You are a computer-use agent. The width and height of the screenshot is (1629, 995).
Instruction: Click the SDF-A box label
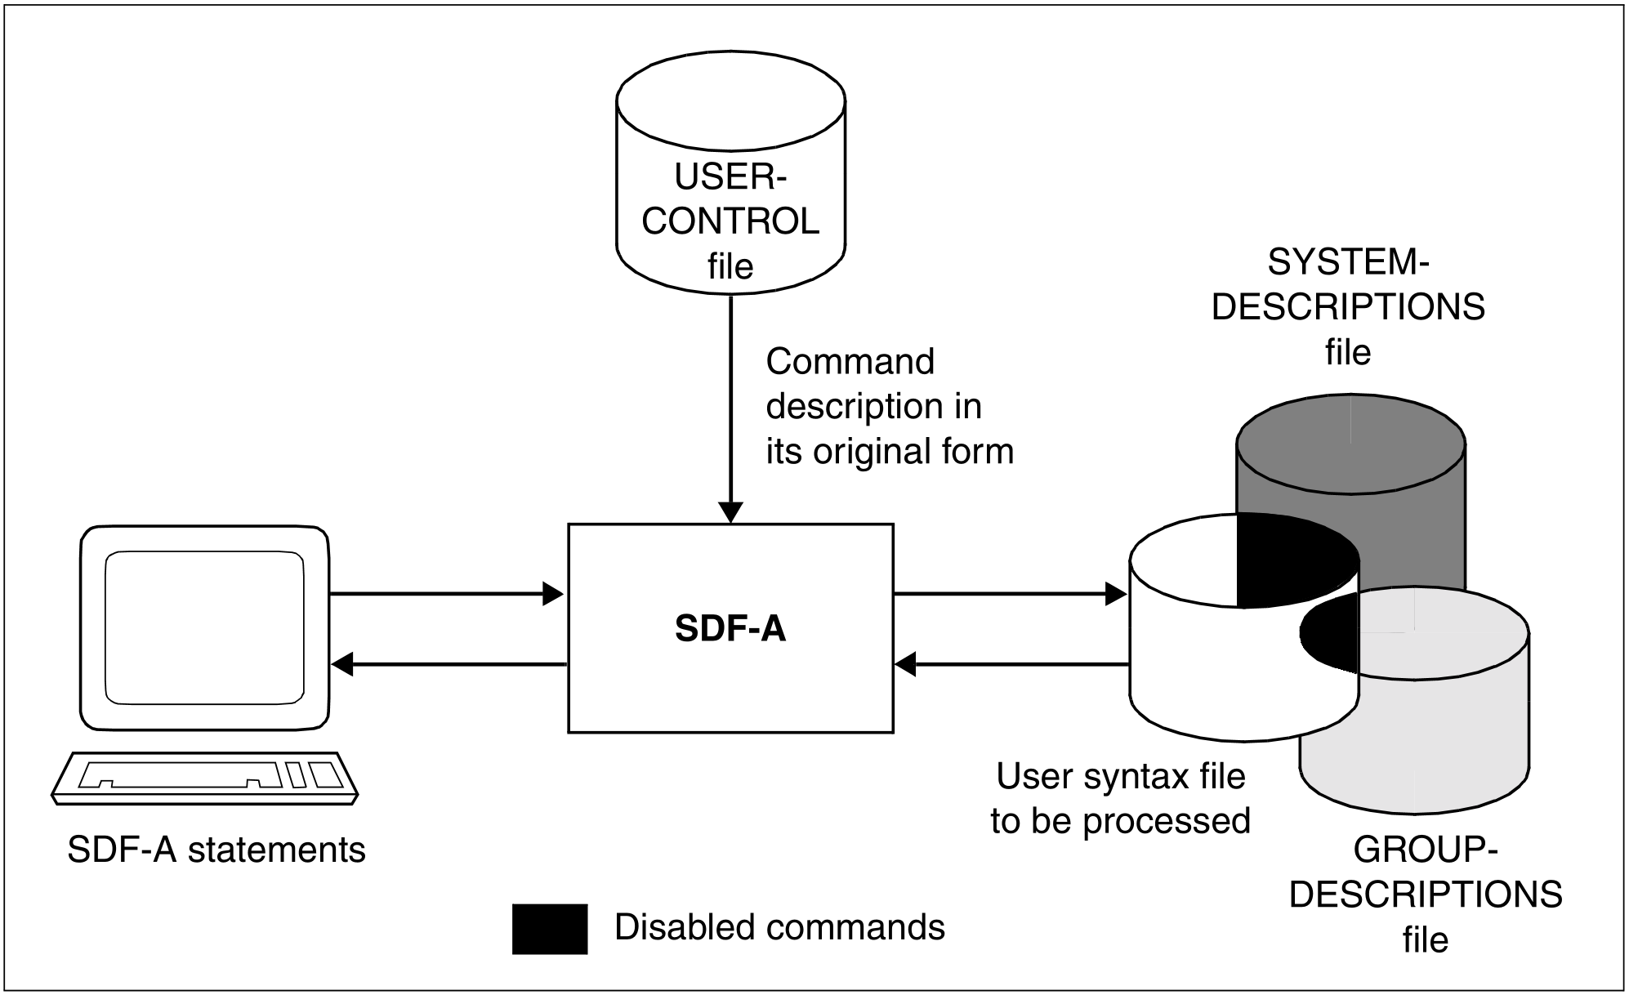click(730, 629)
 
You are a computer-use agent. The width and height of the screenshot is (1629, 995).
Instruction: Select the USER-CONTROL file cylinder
click(730, 180)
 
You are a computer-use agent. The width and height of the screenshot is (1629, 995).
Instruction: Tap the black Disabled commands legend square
click(550, 929)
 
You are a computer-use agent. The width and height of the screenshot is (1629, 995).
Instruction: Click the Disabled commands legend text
click(779, 927)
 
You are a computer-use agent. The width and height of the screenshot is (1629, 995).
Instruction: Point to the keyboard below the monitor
click(204, 777)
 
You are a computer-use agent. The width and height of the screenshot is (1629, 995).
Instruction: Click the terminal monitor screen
click(204, 627)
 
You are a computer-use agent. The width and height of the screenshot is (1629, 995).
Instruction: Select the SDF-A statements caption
click(216, 850)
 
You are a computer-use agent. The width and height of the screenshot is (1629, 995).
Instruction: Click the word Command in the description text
click(850, 362)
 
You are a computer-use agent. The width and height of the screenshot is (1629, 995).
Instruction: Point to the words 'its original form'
click(890, 452)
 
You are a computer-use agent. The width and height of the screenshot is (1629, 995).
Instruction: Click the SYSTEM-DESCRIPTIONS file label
click(1348, 307)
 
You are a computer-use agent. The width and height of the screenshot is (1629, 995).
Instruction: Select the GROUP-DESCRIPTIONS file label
click(1426, 895)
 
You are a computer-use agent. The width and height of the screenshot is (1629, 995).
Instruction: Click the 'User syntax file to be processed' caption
click(1121, 799)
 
